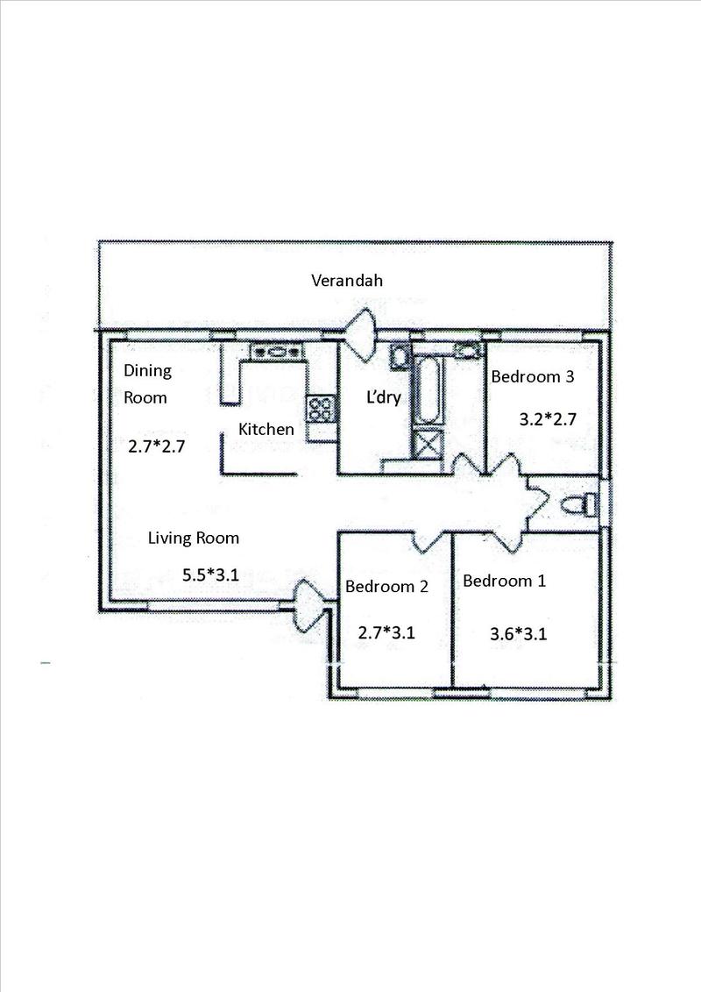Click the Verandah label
[x=347, y=281]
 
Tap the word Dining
[x=147, y=371]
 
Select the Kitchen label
[x=266, y=429]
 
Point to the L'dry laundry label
[x=384, y=398]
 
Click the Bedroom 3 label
[x=533, y=376]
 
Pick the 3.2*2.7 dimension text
[x=548, y=419]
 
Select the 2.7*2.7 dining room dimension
[x=156, y=446]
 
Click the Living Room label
[x=194, y=538]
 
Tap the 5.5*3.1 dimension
[x=210, y=575]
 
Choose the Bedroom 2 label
[x=386, y=587]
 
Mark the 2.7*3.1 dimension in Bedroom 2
[x=386, y=632]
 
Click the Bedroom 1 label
[x=505, y=581]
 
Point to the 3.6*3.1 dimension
[x=519, y=633]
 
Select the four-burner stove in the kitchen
[x=321, y=408]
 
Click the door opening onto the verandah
[x=361, y=335]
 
